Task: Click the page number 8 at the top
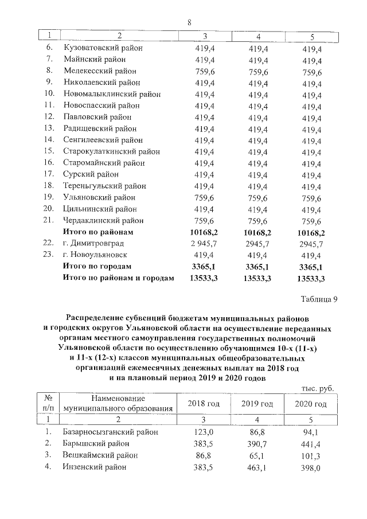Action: point(189,22)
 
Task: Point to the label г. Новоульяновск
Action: point(96,255)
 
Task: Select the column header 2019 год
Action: point(257,404)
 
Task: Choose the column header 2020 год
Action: point(310,404)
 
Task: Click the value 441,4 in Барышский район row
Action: point(310,443)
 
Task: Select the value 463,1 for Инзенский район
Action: point(257,467)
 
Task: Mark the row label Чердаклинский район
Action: point(103,220)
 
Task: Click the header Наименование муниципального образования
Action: point(118,404)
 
